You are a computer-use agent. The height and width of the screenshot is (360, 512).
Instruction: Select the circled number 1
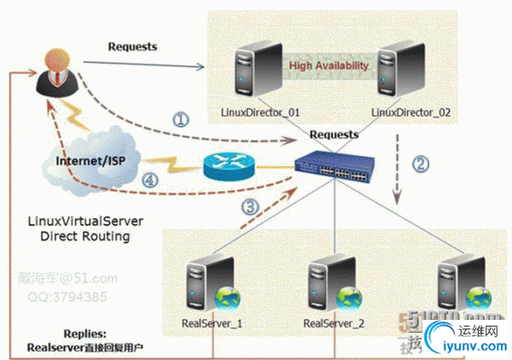180,120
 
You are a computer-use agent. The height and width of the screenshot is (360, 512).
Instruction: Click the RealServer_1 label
212,324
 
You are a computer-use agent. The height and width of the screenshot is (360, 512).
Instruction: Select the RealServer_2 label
334,324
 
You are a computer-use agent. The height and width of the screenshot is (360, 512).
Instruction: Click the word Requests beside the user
132,46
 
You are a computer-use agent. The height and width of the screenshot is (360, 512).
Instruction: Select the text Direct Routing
84,236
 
